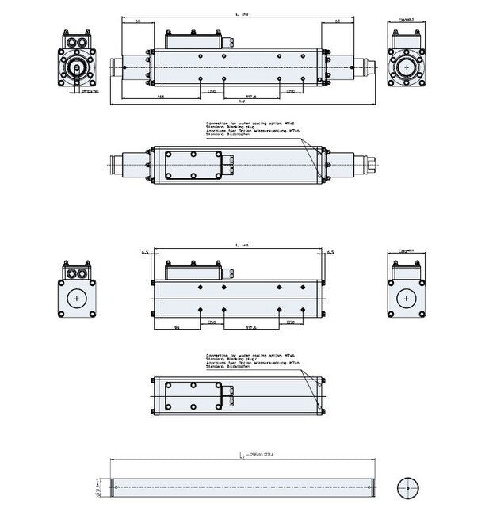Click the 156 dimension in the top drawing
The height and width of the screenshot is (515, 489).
160,96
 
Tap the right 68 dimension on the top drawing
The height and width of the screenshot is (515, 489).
338,21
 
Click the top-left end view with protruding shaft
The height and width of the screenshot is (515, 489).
76,63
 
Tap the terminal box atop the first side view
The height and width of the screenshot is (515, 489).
194,38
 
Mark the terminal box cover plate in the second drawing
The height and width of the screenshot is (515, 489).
194,165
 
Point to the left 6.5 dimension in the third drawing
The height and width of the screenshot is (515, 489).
145,252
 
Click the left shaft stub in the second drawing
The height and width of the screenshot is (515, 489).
128,165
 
